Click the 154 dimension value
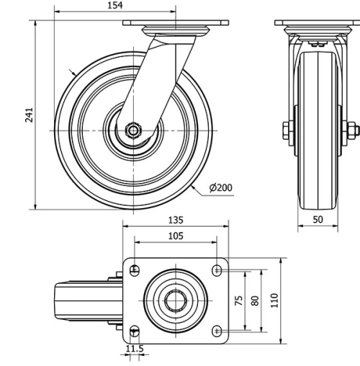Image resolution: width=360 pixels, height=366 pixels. tap(114, 5)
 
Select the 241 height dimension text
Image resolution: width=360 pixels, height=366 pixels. tap(30, 115)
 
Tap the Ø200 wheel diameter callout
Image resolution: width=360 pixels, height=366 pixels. tap(221, 188)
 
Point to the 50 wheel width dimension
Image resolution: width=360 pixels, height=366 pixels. tap(318, 219)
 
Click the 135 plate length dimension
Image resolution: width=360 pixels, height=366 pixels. tap(176, 220)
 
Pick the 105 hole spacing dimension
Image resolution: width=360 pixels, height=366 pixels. tap(176, 236)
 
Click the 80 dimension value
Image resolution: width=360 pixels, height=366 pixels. tap(254, 300)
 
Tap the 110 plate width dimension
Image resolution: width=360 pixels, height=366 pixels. tap(274, 300)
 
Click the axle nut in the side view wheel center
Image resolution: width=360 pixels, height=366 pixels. tap(133, 130)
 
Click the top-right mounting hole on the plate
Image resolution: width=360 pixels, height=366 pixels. tap(217, 270)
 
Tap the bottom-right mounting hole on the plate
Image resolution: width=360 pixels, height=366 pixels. tap(217, 330)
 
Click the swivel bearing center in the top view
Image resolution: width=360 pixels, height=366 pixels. tap(176, 300)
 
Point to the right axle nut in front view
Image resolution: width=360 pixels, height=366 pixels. tap(352, 130)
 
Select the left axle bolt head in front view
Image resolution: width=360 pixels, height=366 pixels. tap(285, 130)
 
